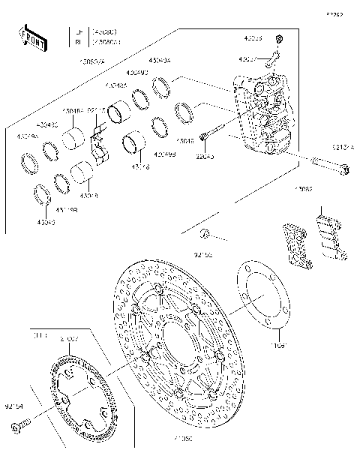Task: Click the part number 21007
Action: (x=68, y=340)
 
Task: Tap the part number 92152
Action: (x=203, y=255)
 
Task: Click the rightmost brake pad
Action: (x=330, y=238)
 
